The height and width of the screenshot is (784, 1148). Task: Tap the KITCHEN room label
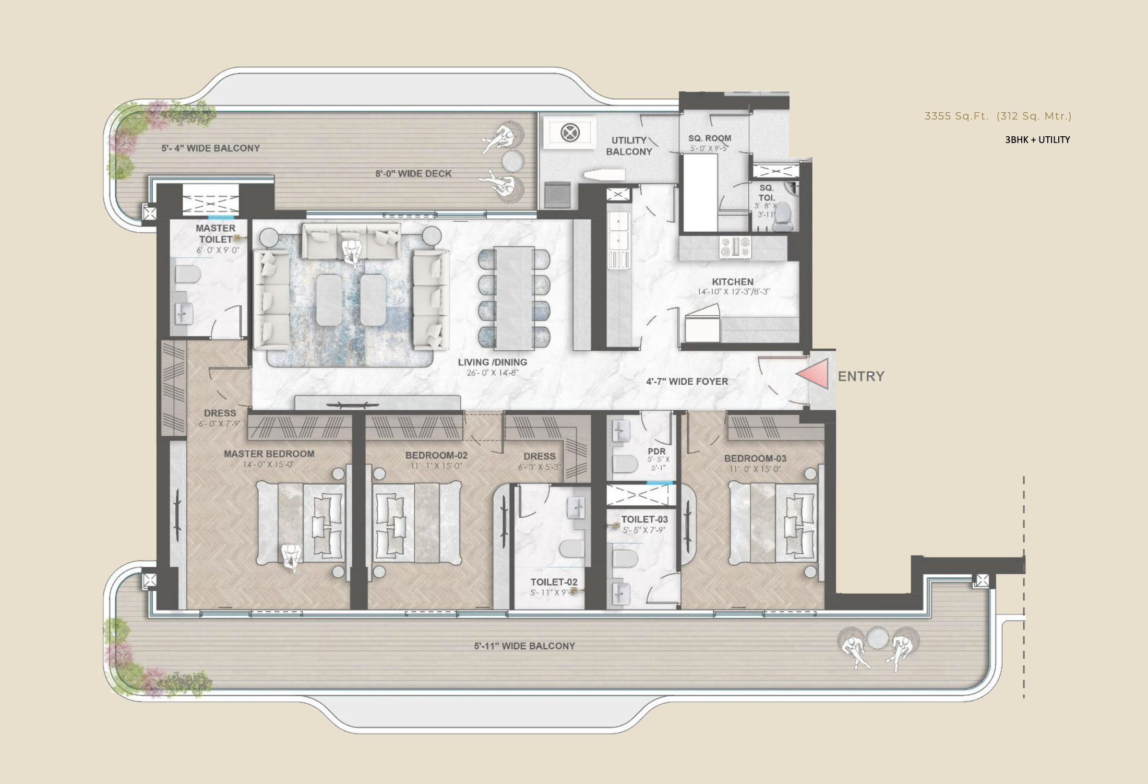click(733, 282)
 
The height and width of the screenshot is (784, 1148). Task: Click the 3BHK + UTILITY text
click(1037, 139)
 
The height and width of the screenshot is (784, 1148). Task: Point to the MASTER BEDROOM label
click(269, 454)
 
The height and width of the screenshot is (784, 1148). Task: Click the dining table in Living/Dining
click(514, 299)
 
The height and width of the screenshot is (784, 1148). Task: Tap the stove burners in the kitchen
click(736, 247)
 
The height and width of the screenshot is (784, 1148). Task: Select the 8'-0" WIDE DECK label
click(413, 173)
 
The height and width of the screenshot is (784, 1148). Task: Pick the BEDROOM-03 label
click(755, 459)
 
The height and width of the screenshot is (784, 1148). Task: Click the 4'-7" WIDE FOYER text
click(687, 382)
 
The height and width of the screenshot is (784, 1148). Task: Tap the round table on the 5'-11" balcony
click(877, 638)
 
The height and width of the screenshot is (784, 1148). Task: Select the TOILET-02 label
click(554, 581)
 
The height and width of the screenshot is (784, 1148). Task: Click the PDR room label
click(656, 451)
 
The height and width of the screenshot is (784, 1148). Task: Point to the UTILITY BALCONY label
click(629, 146)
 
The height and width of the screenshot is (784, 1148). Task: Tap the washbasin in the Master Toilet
click(183, 313)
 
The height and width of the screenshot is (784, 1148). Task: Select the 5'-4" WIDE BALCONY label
click(210, 148)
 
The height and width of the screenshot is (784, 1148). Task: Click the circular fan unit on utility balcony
click(570, 133)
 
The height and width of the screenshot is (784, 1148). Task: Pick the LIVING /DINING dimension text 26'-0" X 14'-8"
click(493, 373)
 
